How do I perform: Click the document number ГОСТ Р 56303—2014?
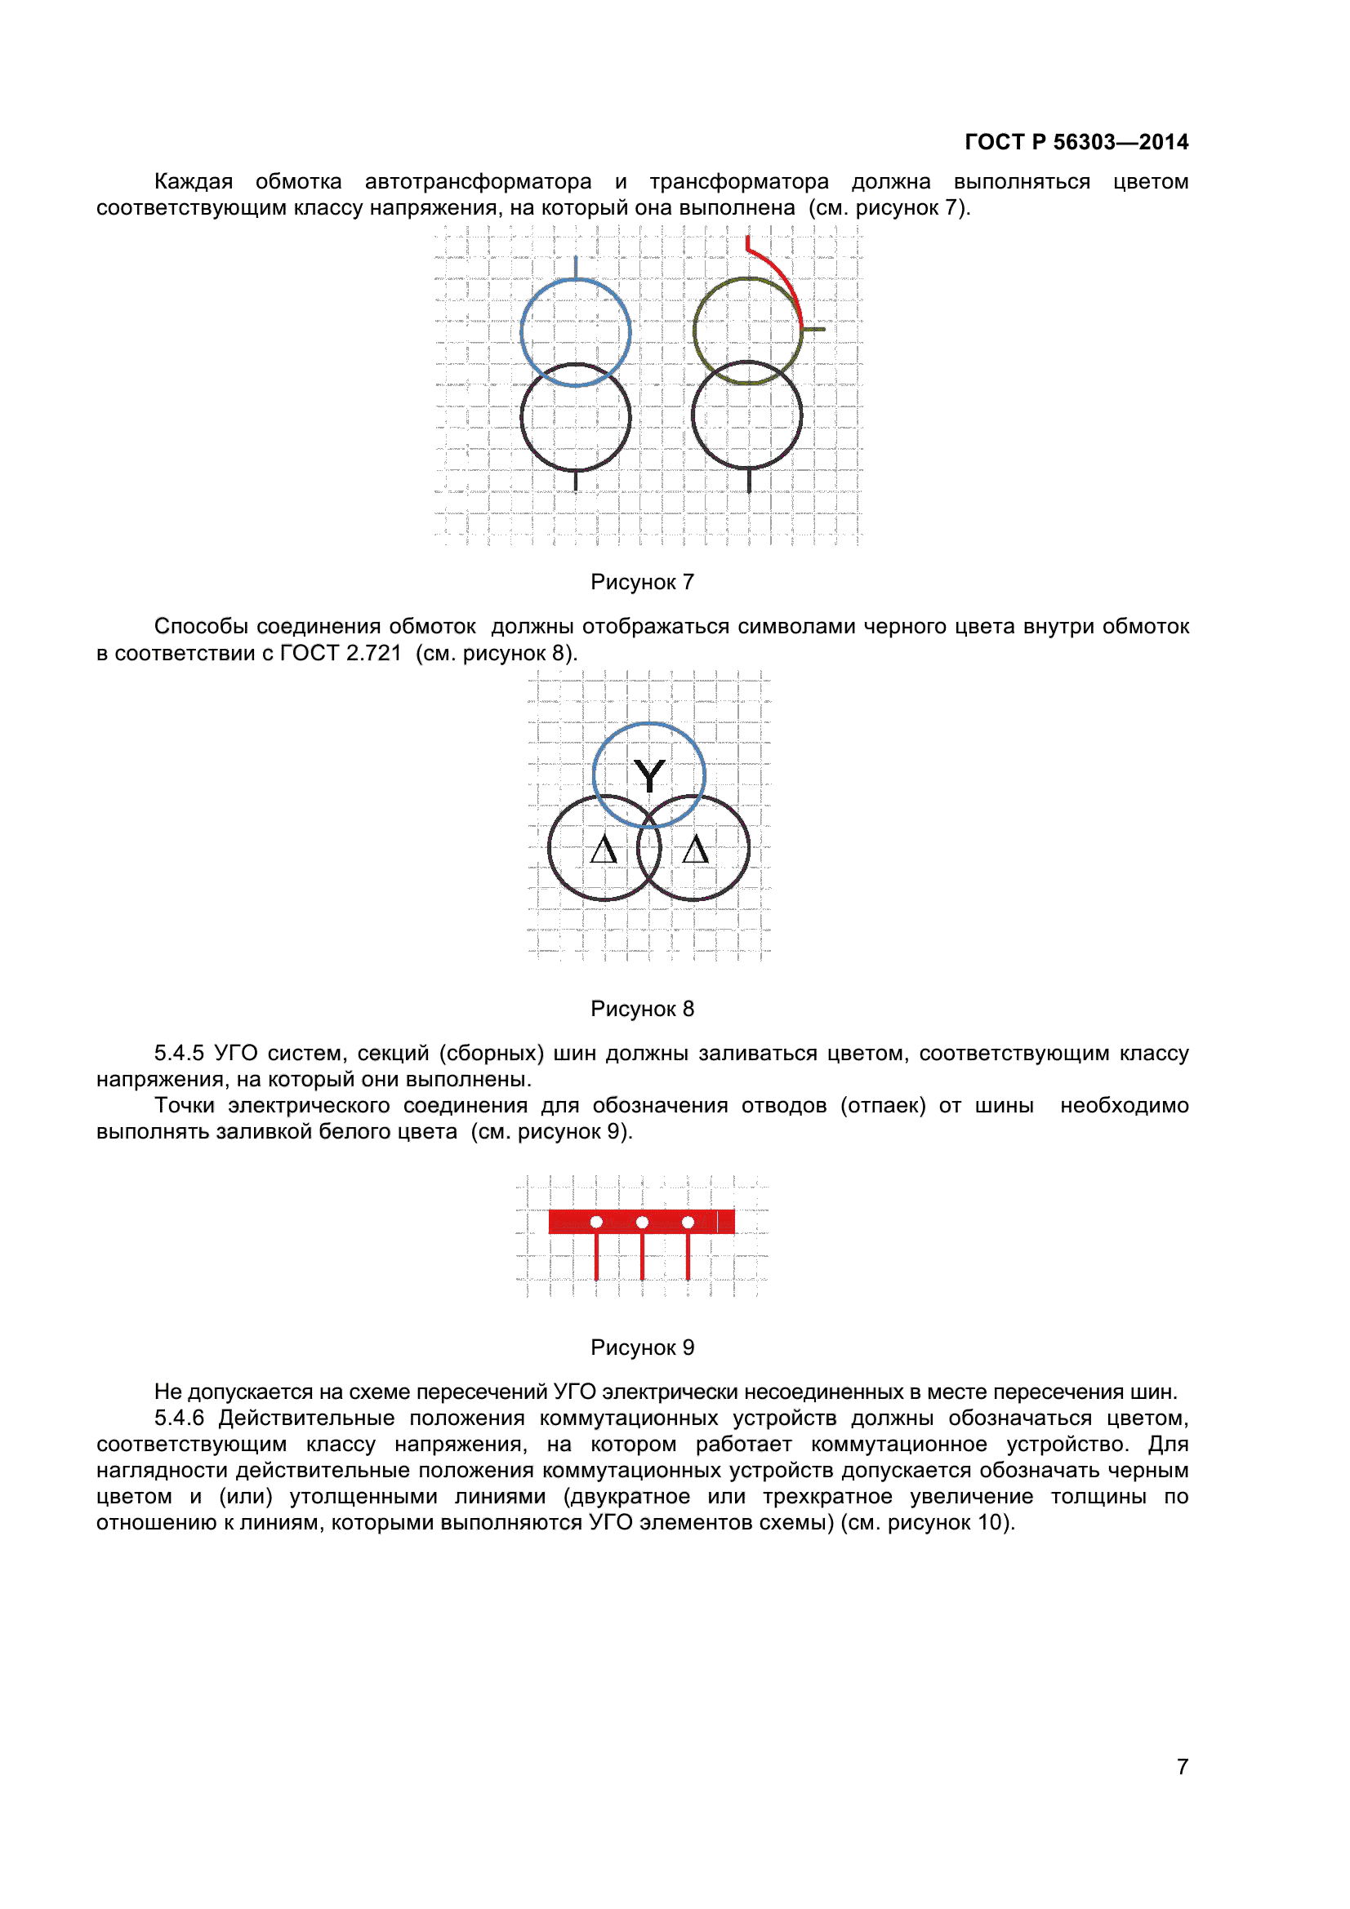tap(1076, 142)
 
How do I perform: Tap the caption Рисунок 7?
tap(642, 582)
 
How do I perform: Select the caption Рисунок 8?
tap(642, 1009)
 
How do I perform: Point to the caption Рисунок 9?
tap(642, 1347)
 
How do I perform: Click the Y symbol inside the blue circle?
tap(648, 775)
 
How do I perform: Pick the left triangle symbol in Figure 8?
tap(604, 850)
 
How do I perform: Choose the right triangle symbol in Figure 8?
tap(694, 850)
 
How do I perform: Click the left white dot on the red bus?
tap(596, 1222)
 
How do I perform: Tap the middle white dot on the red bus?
tap(642, 1222)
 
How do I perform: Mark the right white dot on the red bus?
tap(688, 1222)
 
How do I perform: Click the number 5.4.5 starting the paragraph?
tap(179, 1053)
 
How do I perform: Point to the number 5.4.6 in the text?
tap(179, 1418)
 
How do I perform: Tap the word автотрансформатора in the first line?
tap(479, 181)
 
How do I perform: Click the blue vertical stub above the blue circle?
tap(576, 267)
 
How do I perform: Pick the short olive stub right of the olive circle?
tap(814, 329)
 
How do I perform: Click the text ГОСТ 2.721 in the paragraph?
tap(341, 653)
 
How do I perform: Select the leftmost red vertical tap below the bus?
tap(596, 1256)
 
